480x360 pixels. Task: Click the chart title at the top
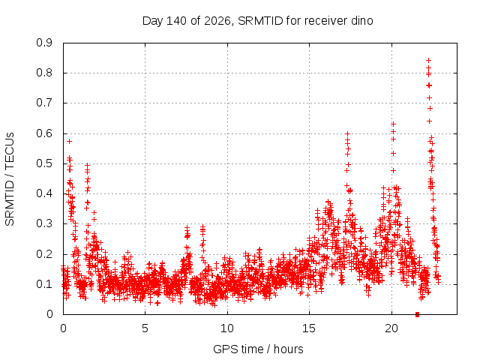point(258,21)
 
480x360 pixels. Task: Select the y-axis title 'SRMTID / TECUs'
point(10,179)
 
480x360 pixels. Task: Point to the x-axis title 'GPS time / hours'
point(258,349)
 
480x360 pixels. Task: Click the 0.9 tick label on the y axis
point(44,43)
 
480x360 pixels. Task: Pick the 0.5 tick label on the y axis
point(44,163)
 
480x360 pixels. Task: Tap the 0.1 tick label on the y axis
point(44,284)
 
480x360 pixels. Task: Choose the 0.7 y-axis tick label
point(44,103)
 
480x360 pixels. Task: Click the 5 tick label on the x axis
point(145,328)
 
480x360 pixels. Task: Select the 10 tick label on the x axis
point(227,328)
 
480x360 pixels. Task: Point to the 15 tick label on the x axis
point(309,328)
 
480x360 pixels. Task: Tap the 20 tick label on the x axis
point(391,328)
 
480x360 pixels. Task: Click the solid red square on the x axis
point(417,314)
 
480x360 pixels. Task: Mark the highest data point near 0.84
point(428,60)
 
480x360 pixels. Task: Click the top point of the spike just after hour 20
point(393,124)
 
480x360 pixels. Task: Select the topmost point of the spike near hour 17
point(347,133)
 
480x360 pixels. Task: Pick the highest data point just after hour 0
point(70,141)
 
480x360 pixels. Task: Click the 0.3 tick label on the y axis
point(44,223)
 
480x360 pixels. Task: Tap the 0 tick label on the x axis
point(63,328)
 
